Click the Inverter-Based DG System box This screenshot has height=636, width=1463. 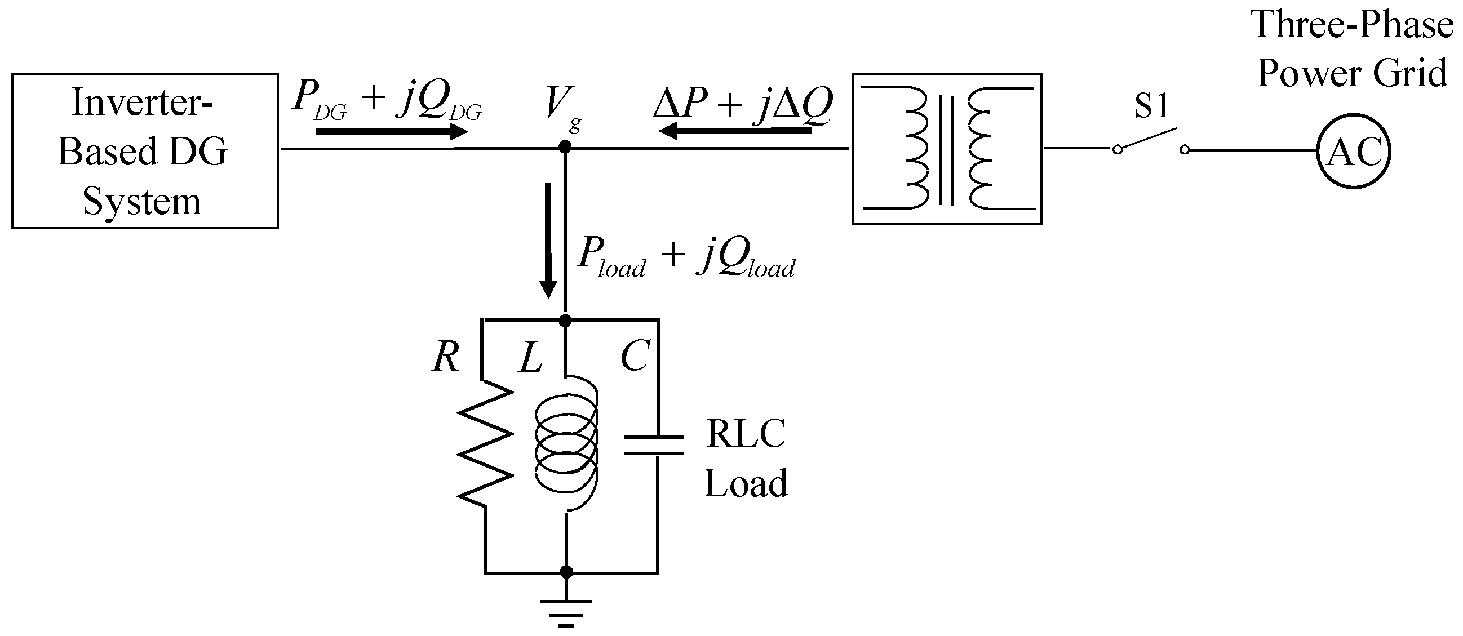point(145,151)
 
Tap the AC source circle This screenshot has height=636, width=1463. point(1354,151)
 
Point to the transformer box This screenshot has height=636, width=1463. point(947,149)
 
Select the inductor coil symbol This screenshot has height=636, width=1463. point(567,443)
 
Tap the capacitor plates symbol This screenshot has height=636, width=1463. point(654,446)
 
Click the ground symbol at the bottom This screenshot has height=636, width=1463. point(566,611)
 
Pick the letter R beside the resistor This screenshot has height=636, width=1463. point(445,358)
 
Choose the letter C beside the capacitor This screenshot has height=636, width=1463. point(635,357)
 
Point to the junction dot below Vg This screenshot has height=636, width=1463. point(565,147)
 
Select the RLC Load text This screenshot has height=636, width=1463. point(746,458)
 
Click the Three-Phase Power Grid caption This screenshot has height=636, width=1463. point(1351,50)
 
